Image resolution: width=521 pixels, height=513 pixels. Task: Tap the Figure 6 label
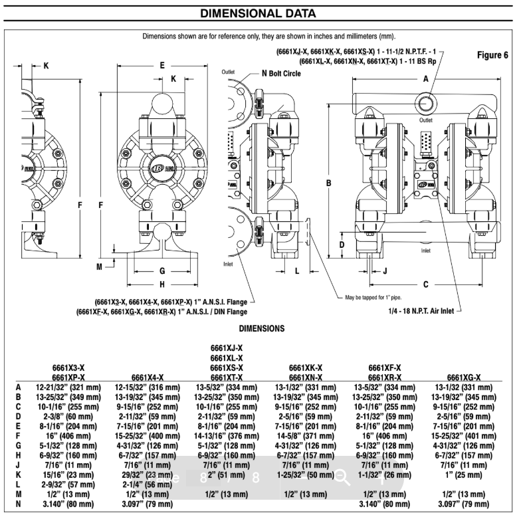(x=492, y=55)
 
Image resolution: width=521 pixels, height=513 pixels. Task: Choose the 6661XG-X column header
(x=465, y=377)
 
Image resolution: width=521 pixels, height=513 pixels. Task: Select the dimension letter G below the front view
(x=161, y=270)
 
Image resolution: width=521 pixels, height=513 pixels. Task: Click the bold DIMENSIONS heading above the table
(x=262, y=328)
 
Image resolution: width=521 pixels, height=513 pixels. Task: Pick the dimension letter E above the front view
(x=161, y=65)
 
